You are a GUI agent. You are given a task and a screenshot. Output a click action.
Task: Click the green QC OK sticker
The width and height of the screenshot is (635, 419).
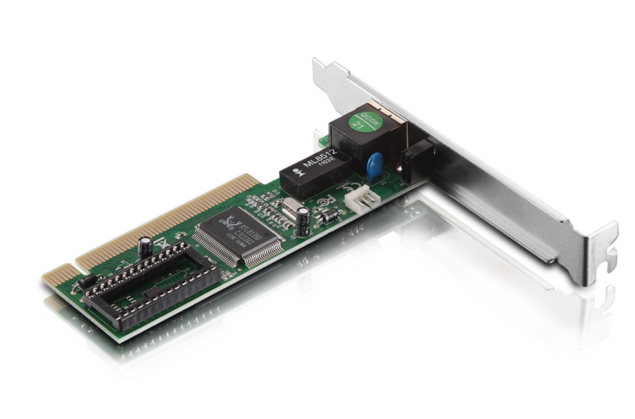(368, 121)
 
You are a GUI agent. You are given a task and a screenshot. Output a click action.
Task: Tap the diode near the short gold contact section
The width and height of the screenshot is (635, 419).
(87, 280)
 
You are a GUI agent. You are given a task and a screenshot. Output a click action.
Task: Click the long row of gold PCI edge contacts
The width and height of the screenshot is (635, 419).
(165, 219)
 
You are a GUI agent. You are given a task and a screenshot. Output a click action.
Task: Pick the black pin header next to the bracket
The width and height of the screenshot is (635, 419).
(417, 159)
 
